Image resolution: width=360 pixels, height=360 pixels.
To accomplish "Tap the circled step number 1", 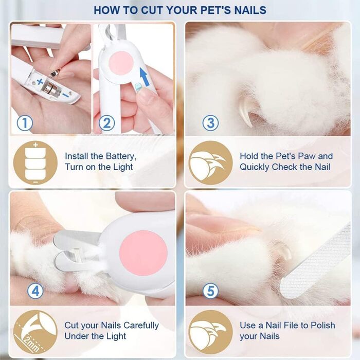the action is (25, 123).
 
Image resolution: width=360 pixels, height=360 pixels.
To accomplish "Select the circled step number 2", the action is (107, 123).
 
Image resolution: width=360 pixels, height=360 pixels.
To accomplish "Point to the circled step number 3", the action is (210, 123).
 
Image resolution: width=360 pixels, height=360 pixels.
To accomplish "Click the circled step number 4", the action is (35, 291).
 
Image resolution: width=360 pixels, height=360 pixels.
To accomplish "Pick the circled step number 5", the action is (210, 291).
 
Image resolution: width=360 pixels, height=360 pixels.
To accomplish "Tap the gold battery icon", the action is (35, 163).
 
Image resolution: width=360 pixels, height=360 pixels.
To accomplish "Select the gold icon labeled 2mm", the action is (35, 332).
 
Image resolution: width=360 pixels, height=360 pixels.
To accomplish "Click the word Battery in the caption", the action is (118, 156).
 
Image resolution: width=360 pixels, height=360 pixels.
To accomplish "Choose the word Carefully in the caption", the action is (141, 326).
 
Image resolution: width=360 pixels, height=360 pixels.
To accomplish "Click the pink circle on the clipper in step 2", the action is (121, 63).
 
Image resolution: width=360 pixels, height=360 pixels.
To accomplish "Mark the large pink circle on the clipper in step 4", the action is (143, 253).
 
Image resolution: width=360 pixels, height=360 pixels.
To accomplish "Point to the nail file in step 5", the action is (316, 261).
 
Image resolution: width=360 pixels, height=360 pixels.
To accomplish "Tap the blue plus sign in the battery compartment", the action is (40, 81).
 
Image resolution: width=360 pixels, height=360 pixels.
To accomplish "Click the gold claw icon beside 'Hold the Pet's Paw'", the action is (210, 163).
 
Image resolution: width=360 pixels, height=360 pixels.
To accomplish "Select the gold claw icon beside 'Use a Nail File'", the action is (210, 332).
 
